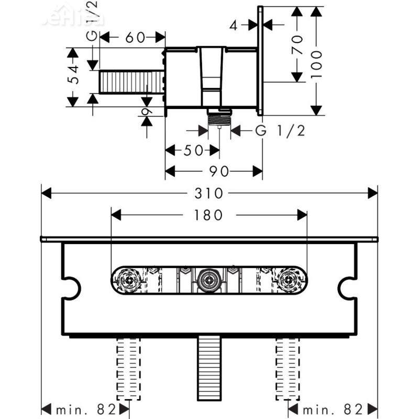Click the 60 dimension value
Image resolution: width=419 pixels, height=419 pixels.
[x=135, y=37]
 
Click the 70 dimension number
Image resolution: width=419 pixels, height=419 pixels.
[x=297, y=45]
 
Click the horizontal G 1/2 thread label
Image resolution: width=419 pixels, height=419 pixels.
[x=280, y=131]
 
